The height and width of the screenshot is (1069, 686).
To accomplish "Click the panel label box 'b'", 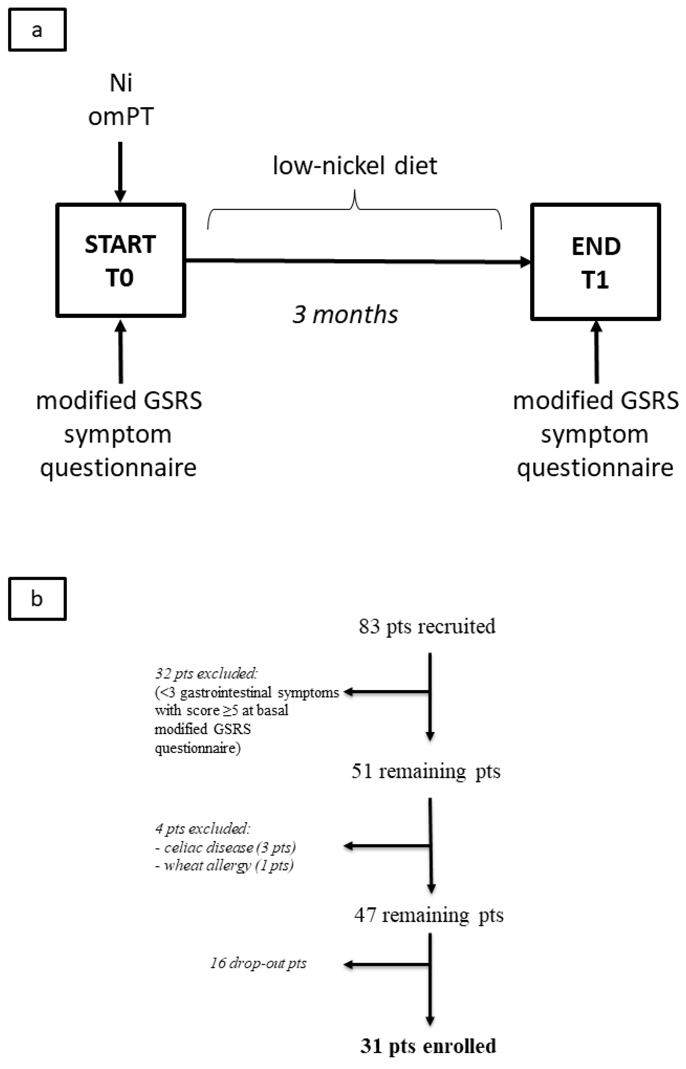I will tap(37, 599).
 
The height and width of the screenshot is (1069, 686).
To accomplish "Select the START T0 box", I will tap(120, 261).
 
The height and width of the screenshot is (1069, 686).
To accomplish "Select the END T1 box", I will tap(596, 262).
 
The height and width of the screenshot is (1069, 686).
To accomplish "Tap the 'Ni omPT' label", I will tap(121, 100).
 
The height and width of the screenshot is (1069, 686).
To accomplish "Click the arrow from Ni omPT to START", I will tap(120, 172).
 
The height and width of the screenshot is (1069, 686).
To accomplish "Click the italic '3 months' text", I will tap(345, 315).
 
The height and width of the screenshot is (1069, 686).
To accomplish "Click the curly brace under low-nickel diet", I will tap(355, 209).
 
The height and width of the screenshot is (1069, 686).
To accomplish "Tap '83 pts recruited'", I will tap(427, 626).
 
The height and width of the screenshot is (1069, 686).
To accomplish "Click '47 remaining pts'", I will tap(428, 915).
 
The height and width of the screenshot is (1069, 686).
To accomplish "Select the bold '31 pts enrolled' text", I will tap(428, 1046).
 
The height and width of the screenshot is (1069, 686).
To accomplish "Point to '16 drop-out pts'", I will tap(258, 963).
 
